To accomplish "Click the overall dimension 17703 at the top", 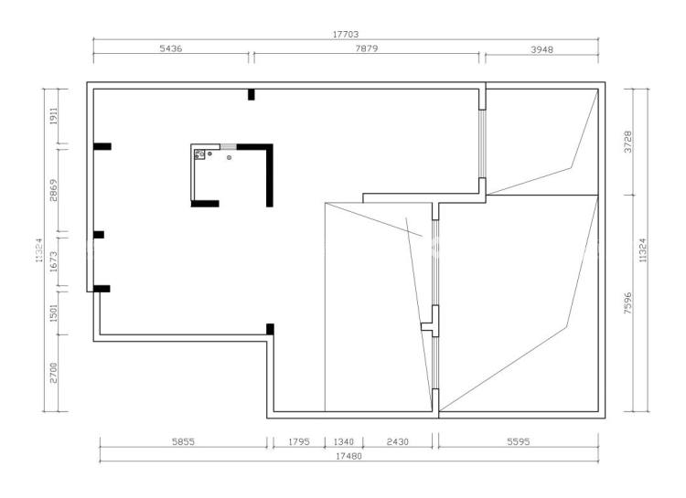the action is tap(346, 34).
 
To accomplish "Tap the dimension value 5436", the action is tap(171, 48).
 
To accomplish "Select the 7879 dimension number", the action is tap(366, 48).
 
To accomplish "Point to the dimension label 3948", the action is tap(541, 50).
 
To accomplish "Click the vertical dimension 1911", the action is tap(53, 116).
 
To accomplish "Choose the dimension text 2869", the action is tap(53, 190).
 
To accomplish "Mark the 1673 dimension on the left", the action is tap(53, 261).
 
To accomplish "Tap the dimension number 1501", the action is tap(53, 313).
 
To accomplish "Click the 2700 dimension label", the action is tap(53, 373).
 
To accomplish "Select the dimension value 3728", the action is tap(627, 142).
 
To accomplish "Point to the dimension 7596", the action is tap(627, 303).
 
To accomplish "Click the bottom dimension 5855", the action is tap(183, 441).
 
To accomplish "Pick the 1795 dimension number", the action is tap(299, 441).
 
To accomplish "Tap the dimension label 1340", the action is tap(343, 441).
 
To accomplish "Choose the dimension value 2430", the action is tap(397, 441).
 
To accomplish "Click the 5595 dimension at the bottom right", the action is tap(519, 441).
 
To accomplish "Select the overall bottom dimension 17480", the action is tap(348, 456).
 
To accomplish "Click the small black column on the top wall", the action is tap(252, 94).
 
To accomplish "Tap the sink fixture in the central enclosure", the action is tap(199, 154).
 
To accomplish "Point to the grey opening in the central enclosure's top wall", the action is tap(229, 146).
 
